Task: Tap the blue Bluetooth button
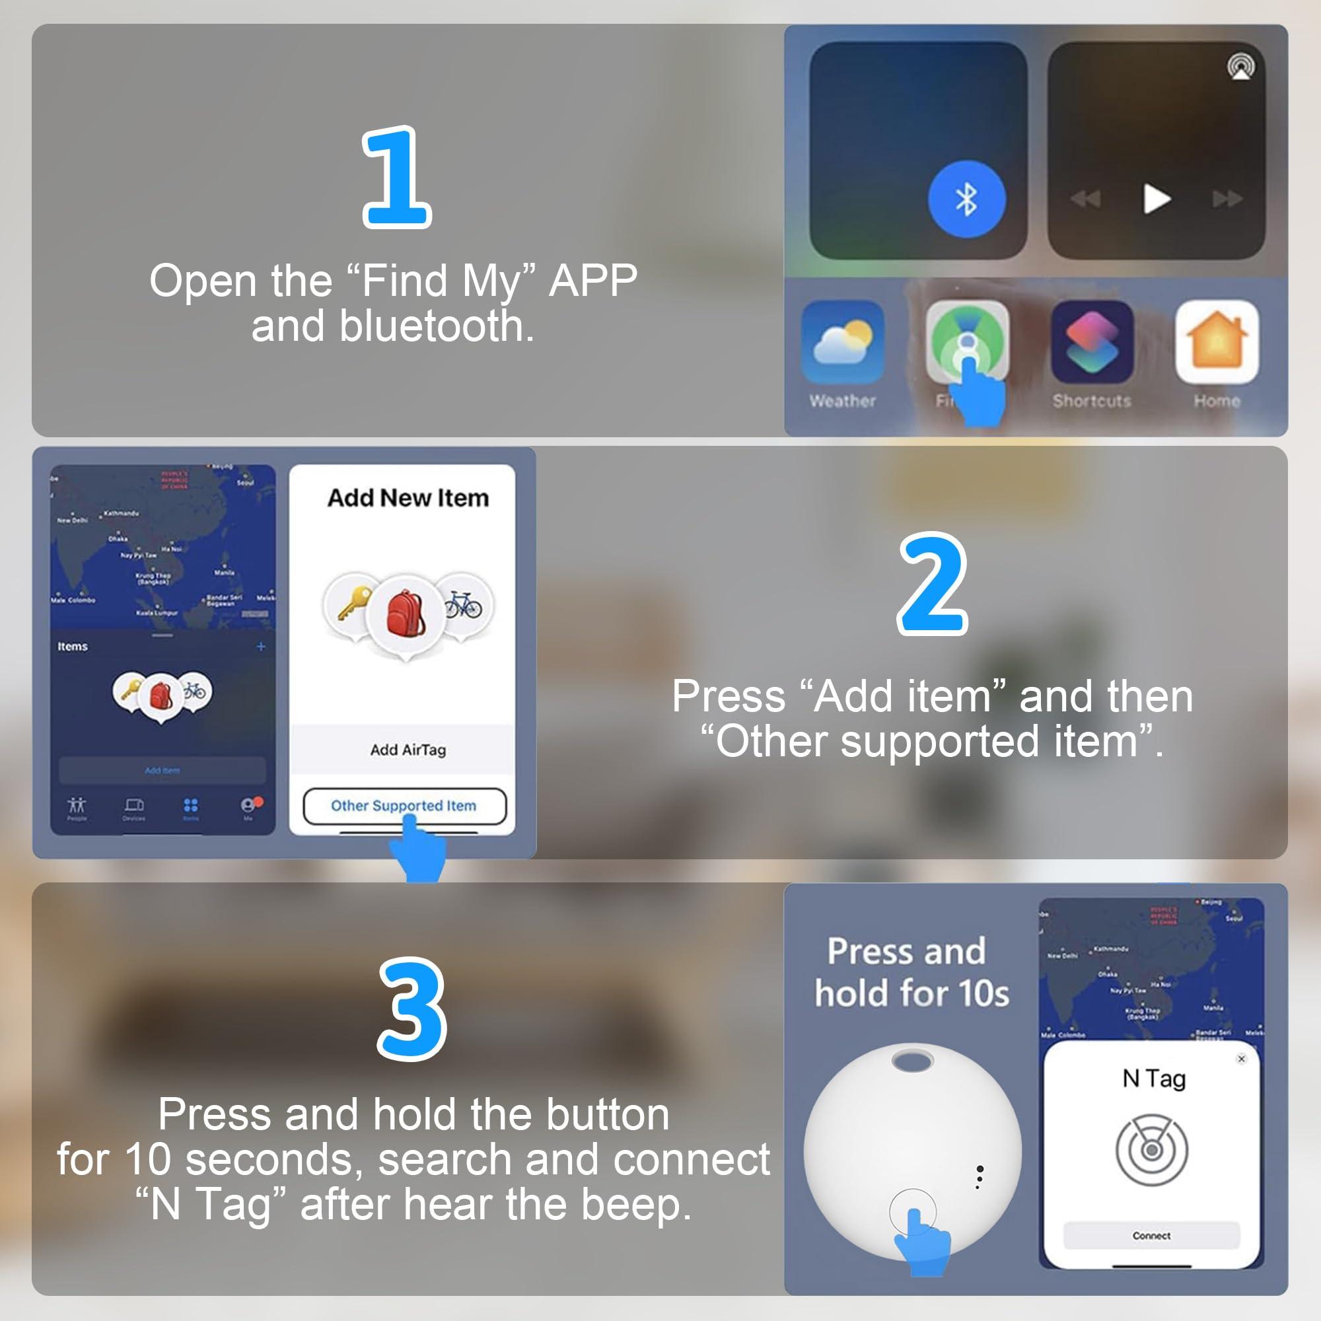pos(966,199)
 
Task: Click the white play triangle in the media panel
pos(1157,199)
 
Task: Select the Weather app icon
pos(842,341)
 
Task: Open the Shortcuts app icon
pos(1092,341)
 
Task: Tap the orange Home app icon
pos(1217,341)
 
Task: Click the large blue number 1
pos(396,177)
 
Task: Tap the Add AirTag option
pos(408,750)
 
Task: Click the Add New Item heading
pos(408,498)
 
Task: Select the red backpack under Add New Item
pos(406,614)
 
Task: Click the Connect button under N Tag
pos(1151,1236)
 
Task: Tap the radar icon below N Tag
pos(1151,1149)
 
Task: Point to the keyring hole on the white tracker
pos(912,1062)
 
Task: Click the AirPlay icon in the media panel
pos(1240,67)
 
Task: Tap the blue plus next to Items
pos(260,646)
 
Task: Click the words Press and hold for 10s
pos(911,972)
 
